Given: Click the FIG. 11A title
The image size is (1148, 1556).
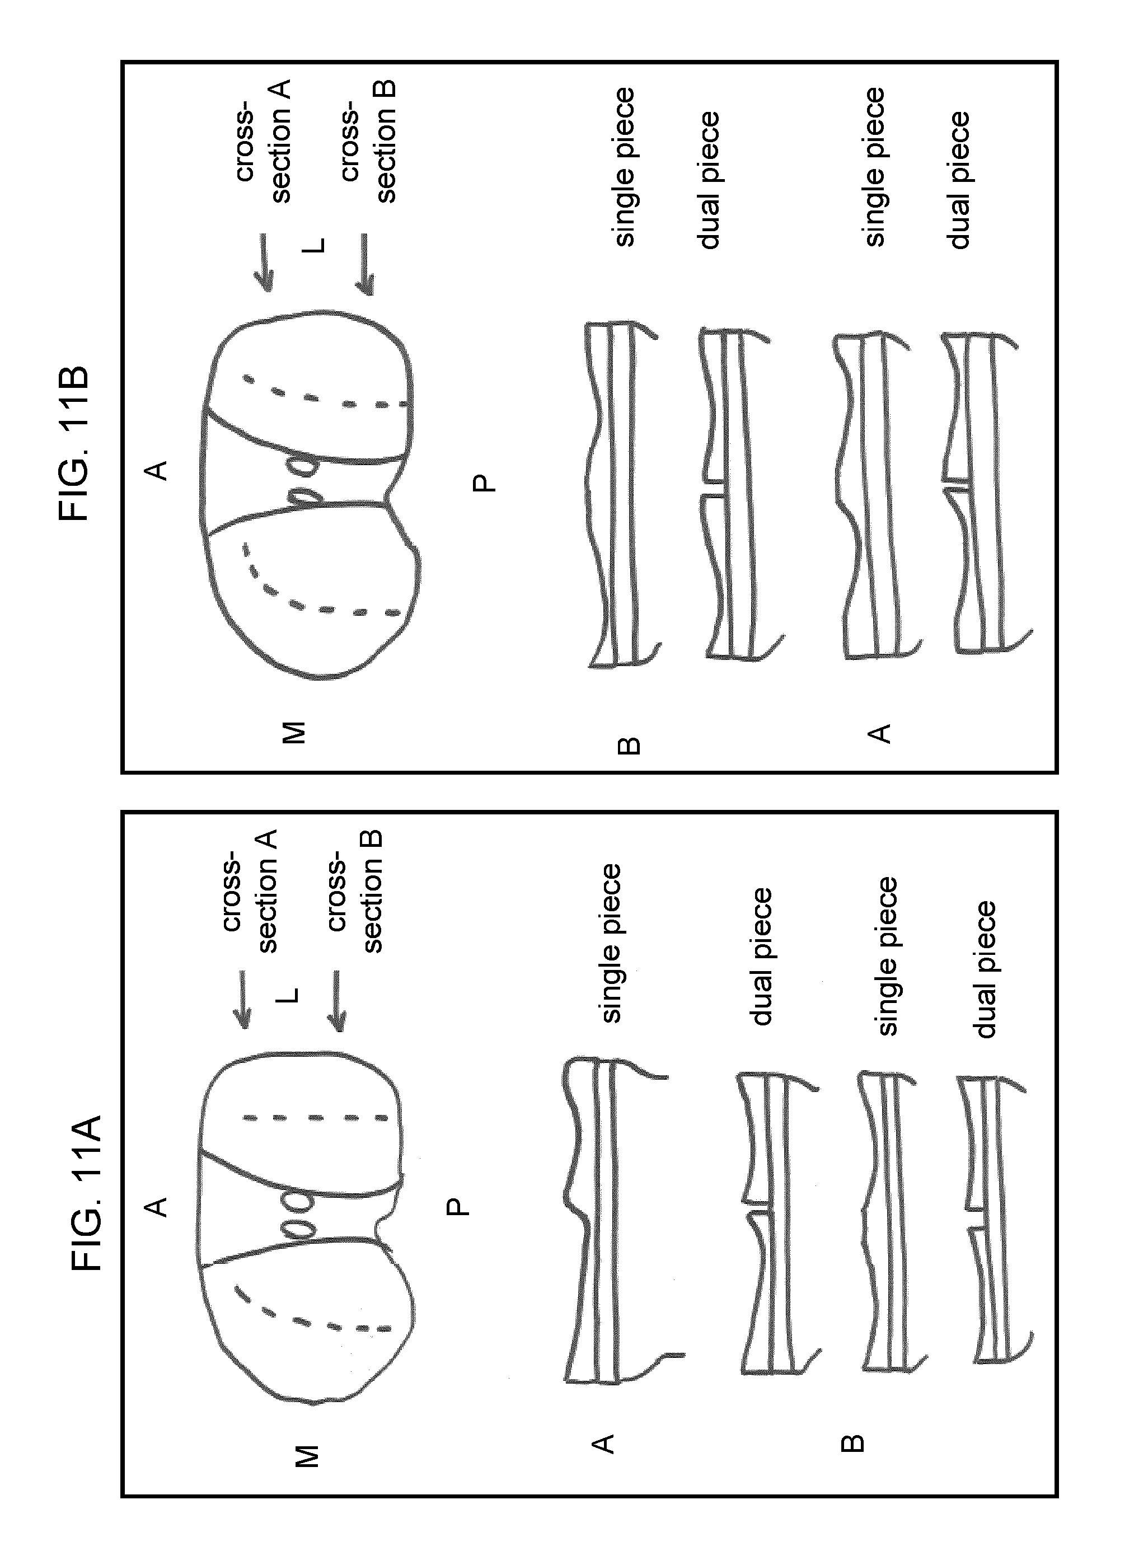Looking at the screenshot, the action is click(88, 1192).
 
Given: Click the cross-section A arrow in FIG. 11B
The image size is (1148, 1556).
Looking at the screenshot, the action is click(264, 262).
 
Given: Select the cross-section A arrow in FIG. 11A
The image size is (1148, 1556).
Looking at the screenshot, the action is click(242, 999).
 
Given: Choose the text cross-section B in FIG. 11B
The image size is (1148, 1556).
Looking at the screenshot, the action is click(368, 141).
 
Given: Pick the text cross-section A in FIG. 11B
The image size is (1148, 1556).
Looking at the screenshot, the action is click(264, 141).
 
